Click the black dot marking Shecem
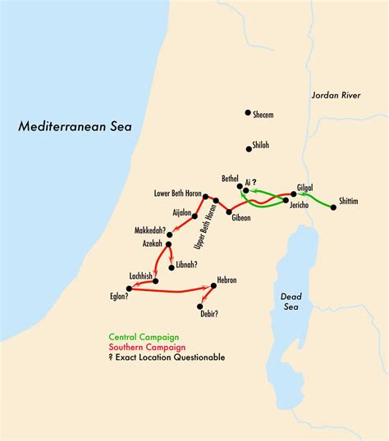(247, 113)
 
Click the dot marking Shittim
(333, 207)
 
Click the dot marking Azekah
(168, 244)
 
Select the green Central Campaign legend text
(144, 338)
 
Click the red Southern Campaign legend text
(145, 348)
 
